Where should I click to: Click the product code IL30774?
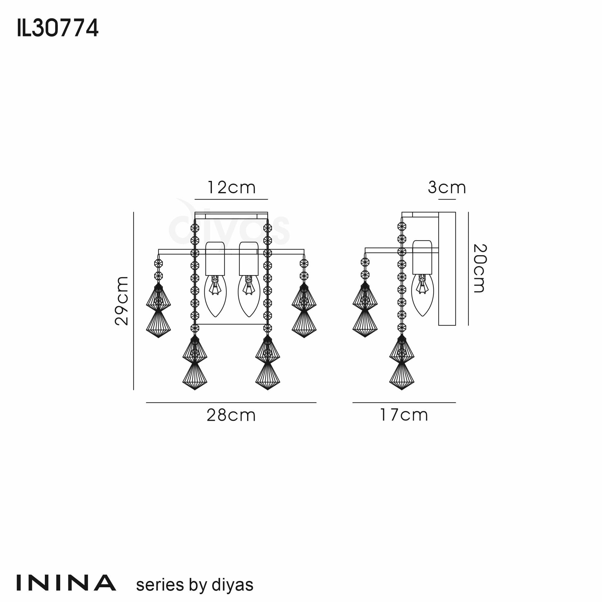click(x=58, y=28)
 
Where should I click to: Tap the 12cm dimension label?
click(x=231, y=188)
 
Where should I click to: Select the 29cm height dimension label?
click(x=122, y=301)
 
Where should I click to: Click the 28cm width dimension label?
click(x=231, y=415)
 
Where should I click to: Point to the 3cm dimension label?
click(x=447, y=188)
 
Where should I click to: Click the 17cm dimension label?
click(x=404, y=415)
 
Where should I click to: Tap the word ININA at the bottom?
click(x=66, y=583)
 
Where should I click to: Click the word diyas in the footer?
click(x=232, y=585)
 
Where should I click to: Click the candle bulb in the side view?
click(x=423, y=294)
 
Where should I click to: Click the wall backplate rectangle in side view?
click(x=447, y=268)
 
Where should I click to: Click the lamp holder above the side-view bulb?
click(x=422, y=257)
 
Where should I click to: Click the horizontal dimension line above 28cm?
click(x=231, y=402)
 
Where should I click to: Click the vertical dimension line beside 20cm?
click(x=468, y=268)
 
